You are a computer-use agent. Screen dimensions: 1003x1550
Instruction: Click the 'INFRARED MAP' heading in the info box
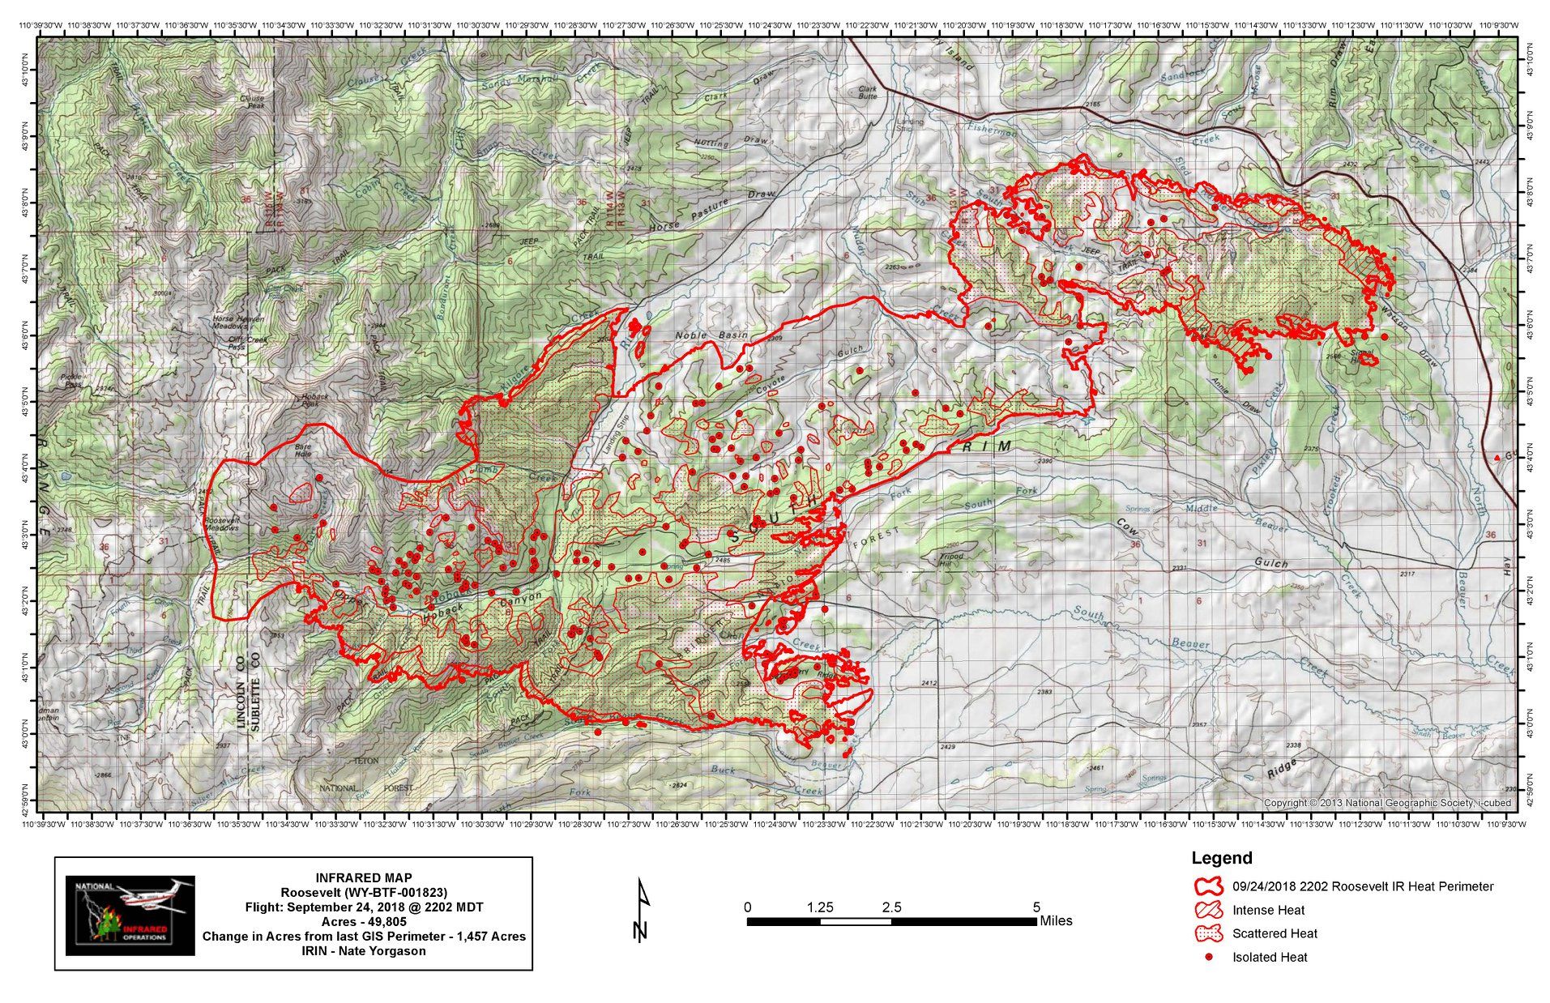pyautogui.click(x=363, y=877)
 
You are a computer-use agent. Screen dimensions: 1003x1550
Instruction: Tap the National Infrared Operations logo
pyautogui.click(x=130, y=915)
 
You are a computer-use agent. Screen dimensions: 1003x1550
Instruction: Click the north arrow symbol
pyautogui.click(x=643, y=910)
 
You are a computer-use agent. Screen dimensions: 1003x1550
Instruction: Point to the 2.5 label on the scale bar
pyautogui.click(x=891, y=907)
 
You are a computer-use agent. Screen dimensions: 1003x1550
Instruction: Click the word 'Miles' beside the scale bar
pyautogui.click(x=1056, y=920)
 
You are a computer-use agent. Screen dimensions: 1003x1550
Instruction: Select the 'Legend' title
pyautogui.click(x=1221, y=858)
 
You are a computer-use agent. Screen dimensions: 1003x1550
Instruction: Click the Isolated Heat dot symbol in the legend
pyautogui.click(x=1209, y=957)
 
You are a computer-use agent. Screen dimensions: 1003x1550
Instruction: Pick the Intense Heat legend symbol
pyautogui.click(x=1209, y=909)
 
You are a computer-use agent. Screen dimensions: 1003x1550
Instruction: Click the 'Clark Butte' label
pyautogui.click(x=867, y=92)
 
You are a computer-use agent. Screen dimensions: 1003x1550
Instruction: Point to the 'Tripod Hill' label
pyautogui.click(x=951, y=559)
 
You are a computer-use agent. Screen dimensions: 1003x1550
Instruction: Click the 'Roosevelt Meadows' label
pyautogui.click(x=222, y=523)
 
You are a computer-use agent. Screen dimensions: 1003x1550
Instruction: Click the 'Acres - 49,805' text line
pyautogui.click(x=363, y=921)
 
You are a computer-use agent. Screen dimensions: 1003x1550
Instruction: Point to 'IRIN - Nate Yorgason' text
pyautogui.click(x=363, y=950)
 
